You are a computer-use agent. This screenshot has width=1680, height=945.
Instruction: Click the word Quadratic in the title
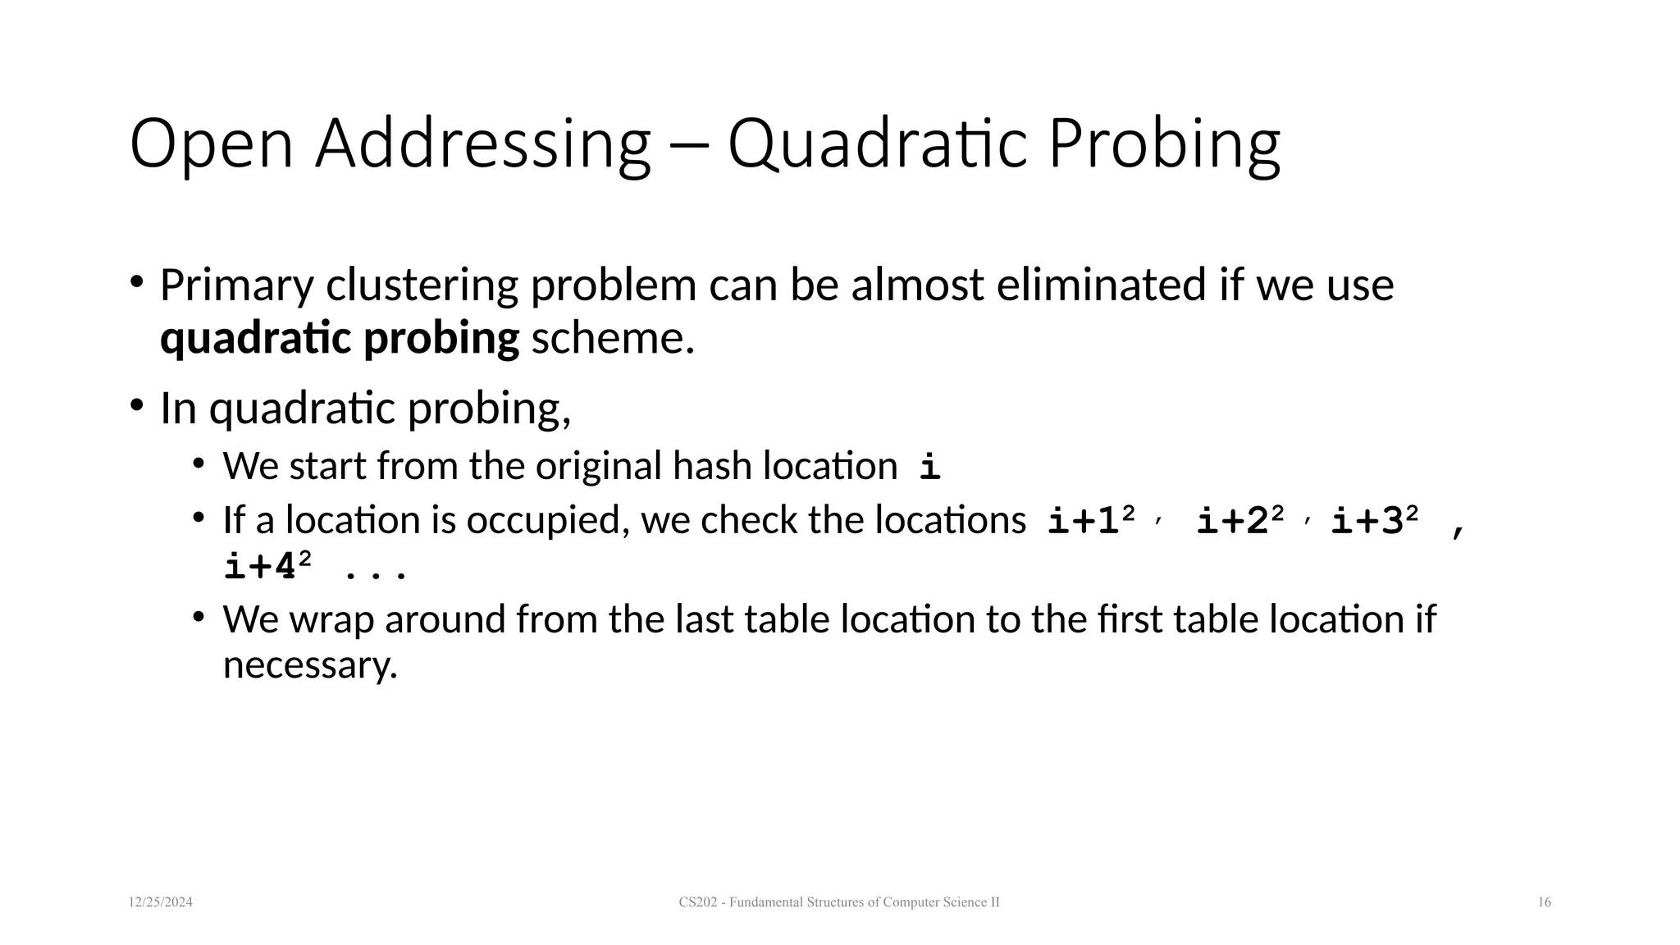point(877,144)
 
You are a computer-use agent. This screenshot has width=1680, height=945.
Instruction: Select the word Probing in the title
point(1164,144)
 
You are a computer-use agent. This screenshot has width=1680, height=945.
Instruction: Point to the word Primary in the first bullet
point(236,286)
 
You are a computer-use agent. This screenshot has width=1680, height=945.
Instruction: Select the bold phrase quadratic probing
point(340,338)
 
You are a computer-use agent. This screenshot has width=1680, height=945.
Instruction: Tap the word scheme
point(613,338)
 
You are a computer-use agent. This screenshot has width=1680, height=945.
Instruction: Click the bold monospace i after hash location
point(929,467)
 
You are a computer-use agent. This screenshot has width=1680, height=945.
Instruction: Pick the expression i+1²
point(1092,521)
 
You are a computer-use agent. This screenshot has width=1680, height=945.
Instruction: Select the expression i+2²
point(1239,521)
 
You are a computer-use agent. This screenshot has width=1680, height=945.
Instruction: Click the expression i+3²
point(1374,521)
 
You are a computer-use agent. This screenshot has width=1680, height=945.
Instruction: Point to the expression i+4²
point(267,567)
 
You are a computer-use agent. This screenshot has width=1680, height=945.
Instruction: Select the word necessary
point(310,664)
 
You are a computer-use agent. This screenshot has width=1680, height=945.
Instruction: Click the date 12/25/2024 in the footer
point(161,902)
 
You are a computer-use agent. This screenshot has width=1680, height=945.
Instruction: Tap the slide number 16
point(1544,902)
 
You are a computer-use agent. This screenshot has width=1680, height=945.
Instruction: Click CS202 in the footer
point(696,902)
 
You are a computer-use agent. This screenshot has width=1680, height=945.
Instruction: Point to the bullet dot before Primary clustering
point(136,282)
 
